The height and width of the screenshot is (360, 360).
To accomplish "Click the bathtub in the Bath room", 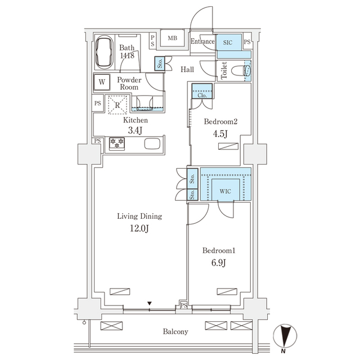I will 104,54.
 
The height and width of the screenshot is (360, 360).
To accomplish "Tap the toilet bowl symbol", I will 246,72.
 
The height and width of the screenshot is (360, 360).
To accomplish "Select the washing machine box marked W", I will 102,82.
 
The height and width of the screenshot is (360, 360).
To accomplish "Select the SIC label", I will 228,42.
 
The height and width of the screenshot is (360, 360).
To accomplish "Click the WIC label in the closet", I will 226,191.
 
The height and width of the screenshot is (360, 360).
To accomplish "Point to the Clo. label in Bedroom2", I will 202,96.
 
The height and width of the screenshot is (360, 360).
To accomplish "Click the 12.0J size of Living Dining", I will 139,228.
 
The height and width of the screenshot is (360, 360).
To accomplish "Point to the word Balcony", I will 175,332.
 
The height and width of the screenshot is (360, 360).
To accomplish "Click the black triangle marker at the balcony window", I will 150,304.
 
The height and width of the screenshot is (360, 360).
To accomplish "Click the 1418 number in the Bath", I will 127,57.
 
